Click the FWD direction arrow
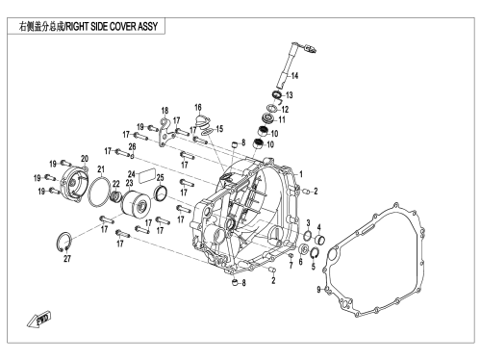[x=38, y=319]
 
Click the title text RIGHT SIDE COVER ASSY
[x=112, y=26]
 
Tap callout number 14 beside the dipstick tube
[x=294, y=76]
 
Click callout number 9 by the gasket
[x=318, y=290]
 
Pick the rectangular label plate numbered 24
[x=147, y=176]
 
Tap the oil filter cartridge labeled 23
[x=136, y=205]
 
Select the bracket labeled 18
[x=166, y=133]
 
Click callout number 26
[x=132, y=147]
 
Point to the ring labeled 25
[x=161, y=193]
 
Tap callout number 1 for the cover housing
[x=301, y=174]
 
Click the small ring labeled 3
[x=307, y=236]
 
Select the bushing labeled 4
[x=320, y=240]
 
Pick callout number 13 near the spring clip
[x=290, y=95]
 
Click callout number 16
[x=198, y=107]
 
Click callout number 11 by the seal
[x=282, y=119]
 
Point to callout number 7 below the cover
[x=291, y=265]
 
